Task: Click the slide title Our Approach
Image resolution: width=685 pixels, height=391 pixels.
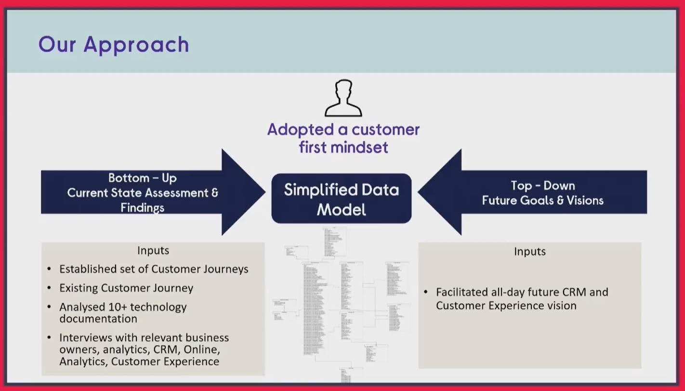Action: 114,44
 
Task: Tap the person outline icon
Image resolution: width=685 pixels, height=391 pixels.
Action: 343,99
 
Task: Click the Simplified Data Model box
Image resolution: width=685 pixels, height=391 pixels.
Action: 342,199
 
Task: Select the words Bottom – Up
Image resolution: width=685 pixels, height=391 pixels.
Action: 142,178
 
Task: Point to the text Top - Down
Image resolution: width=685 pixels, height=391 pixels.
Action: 542,186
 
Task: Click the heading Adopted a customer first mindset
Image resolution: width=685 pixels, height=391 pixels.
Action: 343,138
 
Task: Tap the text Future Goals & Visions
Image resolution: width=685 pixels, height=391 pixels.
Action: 542,200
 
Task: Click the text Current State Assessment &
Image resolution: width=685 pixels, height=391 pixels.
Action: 142,193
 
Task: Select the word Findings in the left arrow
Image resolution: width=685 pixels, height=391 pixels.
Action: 142,208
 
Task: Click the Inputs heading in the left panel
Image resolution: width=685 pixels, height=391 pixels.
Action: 153,251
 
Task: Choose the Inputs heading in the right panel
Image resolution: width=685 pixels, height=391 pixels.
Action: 530,251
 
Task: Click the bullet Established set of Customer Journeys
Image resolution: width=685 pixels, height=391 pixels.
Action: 154,269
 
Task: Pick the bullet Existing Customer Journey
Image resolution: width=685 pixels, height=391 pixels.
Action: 126,288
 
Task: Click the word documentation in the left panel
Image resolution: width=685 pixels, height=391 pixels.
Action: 98,319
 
